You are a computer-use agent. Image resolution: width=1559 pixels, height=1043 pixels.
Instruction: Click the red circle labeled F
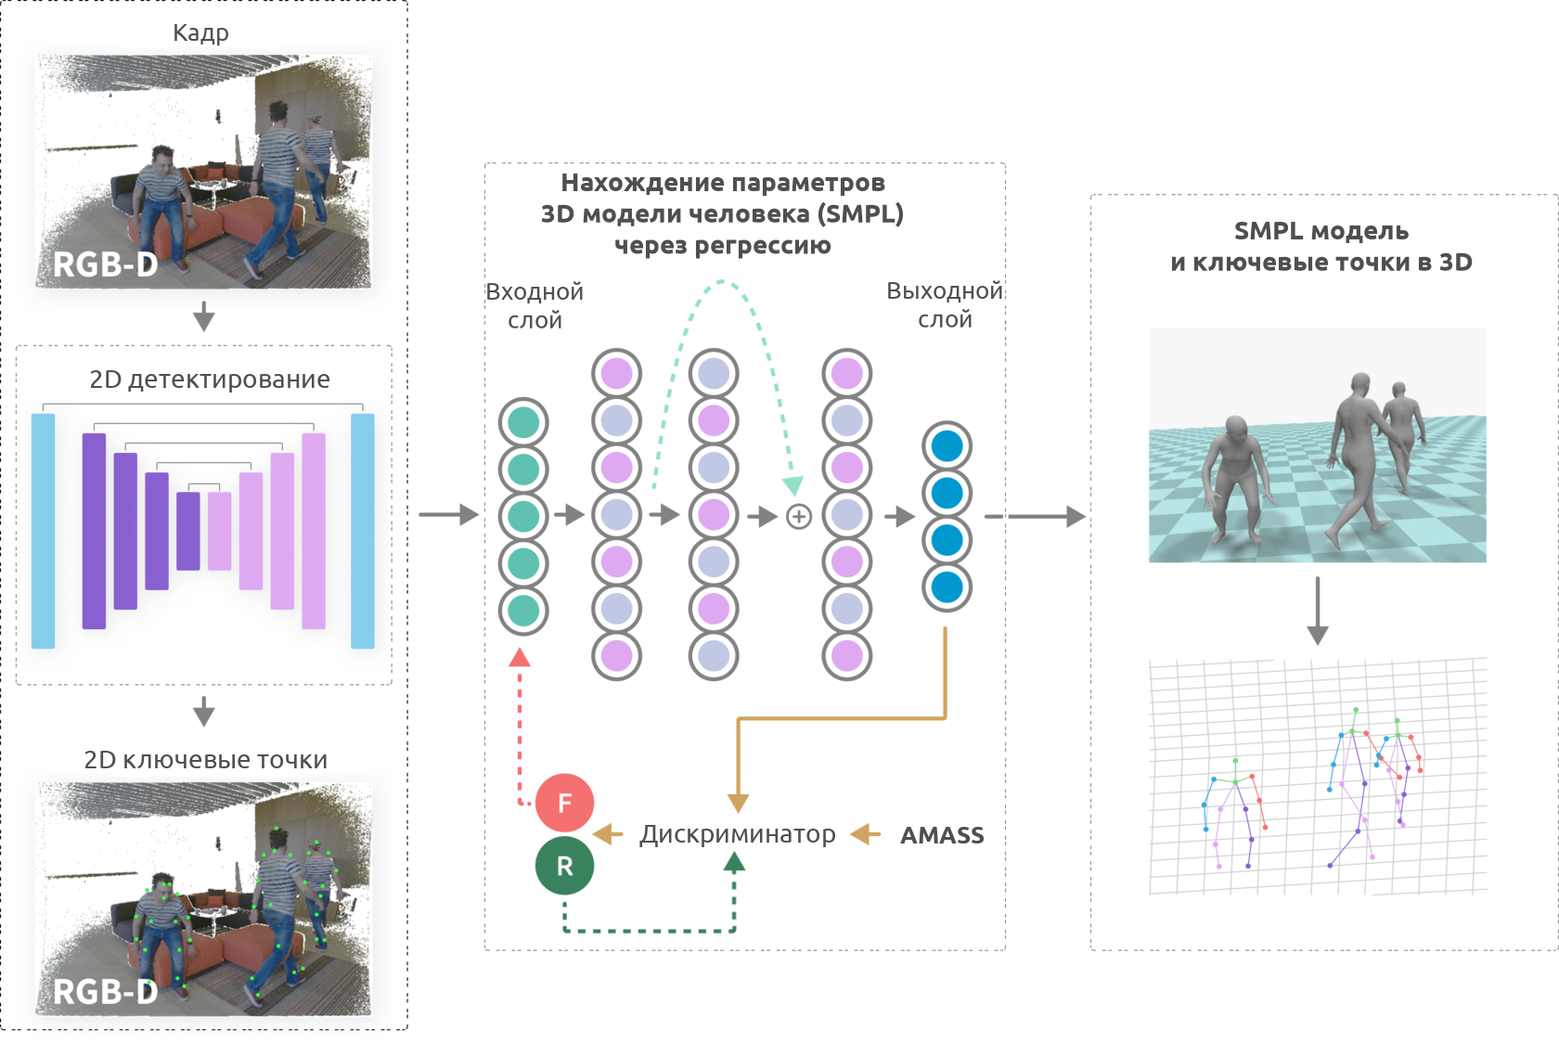564,803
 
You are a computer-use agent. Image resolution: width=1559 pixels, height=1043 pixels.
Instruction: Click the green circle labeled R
564,866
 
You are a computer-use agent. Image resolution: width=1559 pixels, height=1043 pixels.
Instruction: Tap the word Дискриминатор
738,834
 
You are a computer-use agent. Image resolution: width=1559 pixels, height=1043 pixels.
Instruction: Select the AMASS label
942,835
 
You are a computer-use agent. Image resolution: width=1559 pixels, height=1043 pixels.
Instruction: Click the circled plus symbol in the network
798,517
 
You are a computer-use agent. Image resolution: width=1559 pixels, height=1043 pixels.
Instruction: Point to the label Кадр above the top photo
200,33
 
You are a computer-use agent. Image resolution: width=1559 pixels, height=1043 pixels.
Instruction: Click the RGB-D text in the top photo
105,264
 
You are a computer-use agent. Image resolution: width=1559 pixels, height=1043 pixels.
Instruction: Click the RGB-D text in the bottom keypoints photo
105,992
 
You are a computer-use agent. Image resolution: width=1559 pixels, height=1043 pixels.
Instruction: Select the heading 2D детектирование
210,380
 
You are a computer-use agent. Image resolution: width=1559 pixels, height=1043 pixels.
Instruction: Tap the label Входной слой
535,305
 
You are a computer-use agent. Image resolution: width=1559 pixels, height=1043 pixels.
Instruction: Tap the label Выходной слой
945,304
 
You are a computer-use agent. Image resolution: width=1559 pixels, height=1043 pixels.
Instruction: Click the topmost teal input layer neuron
523,422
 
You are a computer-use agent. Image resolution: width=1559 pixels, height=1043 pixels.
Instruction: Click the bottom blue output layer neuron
947,587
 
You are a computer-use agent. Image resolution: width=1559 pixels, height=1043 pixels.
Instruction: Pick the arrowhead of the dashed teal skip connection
792,486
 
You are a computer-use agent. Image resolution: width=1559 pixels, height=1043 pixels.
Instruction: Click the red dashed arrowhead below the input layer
520,658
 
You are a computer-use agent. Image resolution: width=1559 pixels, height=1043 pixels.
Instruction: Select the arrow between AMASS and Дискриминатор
866,835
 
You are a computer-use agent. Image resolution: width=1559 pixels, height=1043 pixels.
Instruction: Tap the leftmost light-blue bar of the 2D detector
44,531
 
